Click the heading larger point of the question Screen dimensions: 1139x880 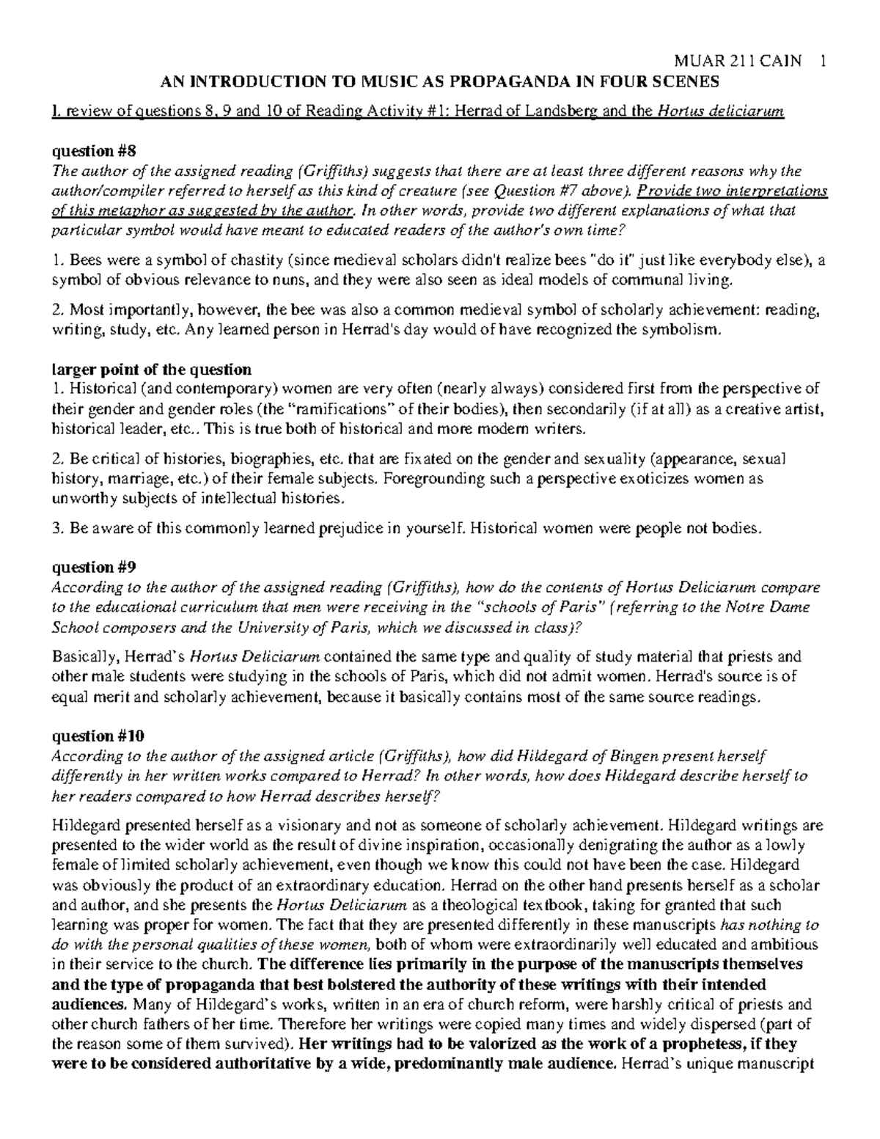pos(151,369)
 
